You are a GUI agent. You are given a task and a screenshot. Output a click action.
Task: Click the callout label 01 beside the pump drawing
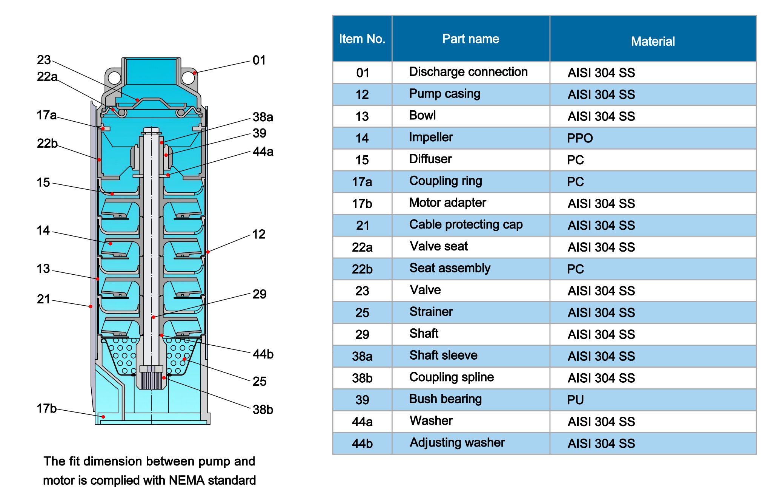259,60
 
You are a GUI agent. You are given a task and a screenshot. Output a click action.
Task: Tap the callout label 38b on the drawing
263,409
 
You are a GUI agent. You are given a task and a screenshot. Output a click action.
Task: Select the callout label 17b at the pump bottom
47,408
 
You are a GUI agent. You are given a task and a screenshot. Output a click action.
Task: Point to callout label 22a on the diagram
47,77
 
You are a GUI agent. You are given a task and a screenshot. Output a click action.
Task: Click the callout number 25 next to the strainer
260,381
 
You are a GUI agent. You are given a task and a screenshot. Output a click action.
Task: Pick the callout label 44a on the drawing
263,152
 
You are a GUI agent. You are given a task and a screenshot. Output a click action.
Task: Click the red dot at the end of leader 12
208,252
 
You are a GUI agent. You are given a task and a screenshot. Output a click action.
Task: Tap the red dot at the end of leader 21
91,306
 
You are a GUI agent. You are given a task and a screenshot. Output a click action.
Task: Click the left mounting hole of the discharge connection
114,78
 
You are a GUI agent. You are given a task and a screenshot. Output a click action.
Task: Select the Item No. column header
362,39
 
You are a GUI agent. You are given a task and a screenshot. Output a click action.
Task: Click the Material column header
653,41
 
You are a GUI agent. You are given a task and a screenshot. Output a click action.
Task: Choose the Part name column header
471,39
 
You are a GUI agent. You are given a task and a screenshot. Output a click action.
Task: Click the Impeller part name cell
431,137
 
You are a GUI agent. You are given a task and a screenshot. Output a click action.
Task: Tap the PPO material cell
580,138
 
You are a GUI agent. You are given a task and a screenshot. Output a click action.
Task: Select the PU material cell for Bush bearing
575,400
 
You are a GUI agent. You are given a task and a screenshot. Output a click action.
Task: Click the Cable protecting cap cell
466,224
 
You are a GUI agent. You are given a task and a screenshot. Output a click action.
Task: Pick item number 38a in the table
362,356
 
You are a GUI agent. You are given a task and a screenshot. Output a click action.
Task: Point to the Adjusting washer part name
457,442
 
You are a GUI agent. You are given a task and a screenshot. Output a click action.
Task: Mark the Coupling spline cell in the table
452,377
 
